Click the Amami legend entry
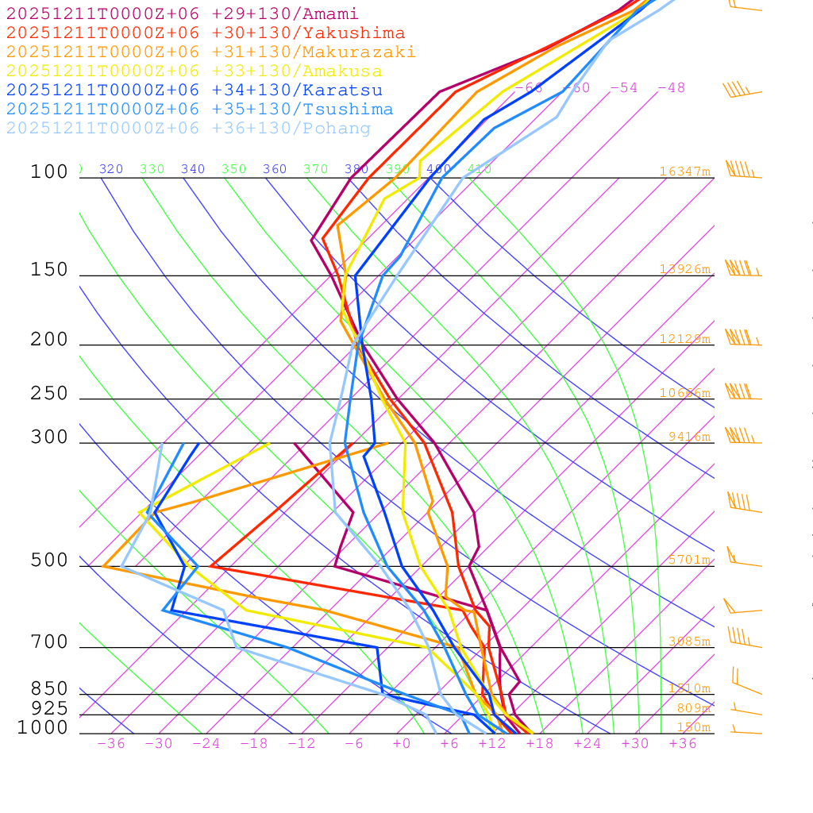(x=183, y=14)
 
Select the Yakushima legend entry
(x=206, y=33)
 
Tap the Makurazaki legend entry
(x=211, y=52)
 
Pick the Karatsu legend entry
(x=195, y=91)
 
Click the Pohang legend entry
(x=189, y=129)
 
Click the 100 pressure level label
(x=49, y=172)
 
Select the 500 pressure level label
(x=49, y=561)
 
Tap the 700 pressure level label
(x=49, y=642)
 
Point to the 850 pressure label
(x=49, y=689)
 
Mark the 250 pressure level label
(x=49, y=394)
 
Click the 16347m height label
(x=685, y=171)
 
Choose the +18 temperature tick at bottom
(x=540, y=744)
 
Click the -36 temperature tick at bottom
(x=111, y=744)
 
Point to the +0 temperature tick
(x=402, y=744)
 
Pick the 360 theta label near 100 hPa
(x=275, y=169)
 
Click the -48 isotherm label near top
(x=671, y=88)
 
